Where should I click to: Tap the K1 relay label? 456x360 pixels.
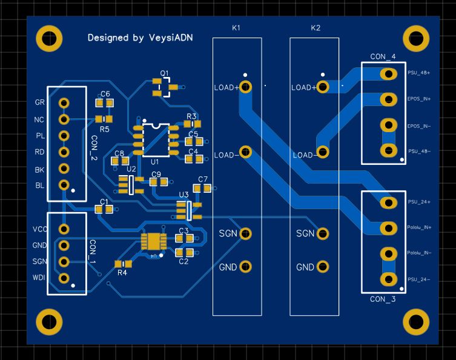[236, 28]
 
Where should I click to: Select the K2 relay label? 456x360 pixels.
[315, 28]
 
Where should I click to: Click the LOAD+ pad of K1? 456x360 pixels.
[245, 87]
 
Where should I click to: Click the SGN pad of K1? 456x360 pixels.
[245, 233]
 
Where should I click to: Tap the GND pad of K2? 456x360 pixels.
[323, 267]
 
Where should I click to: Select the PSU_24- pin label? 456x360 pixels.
[419, 279]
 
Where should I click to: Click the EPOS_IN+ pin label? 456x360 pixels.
[419, 99]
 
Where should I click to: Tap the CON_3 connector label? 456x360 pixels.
[383, 299]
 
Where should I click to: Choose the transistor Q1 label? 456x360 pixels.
[165, 73]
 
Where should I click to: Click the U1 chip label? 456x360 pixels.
[154, 162]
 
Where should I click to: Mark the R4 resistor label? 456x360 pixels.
[122, 273]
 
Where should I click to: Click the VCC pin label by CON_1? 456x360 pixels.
[40, 229]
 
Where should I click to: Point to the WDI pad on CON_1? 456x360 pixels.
[64, 278]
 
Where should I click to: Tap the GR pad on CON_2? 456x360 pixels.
[64, 103]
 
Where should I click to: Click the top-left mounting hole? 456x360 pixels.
[49, 38]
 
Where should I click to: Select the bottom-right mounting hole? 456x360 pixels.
[416, 322]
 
